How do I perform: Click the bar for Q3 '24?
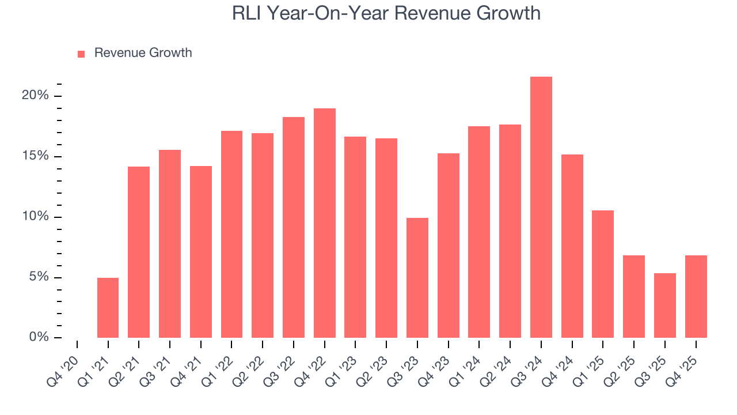541,207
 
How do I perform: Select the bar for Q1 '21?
108,308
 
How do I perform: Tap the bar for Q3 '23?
417,278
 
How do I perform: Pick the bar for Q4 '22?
324,223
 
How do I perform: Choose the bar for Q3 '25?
664,305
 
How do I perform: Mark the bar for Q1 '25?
603,274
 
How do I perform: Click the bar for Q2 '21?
139,252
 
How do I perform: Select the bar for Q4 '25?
696,297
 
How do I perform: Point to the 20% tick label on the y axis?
35,96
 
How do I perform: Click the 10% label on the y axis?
35,217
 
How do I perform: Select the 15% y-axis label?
35,156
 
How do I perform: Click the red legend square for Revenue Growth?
81,54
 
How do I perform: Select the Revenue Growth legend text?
143,53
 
